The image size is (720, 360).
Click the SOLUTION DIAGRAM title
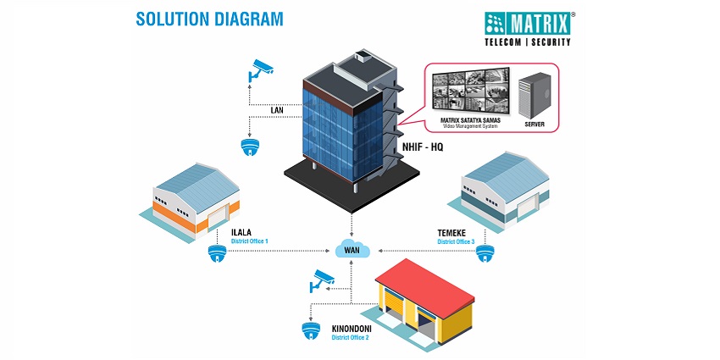[209, 19]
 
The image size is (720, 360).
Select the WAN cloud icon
[351, 250]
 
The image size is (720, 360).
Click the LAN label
[276, 109]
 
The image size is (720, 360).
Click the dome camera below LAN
[250, 147]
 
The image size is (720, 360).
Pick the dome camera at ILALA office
[217, 253]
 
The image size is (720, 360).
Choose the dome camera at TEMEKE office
[484, 253]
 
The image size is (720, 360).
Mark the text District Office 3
[462, 241]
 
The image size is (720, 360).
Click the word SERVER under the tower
[534, 125]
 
